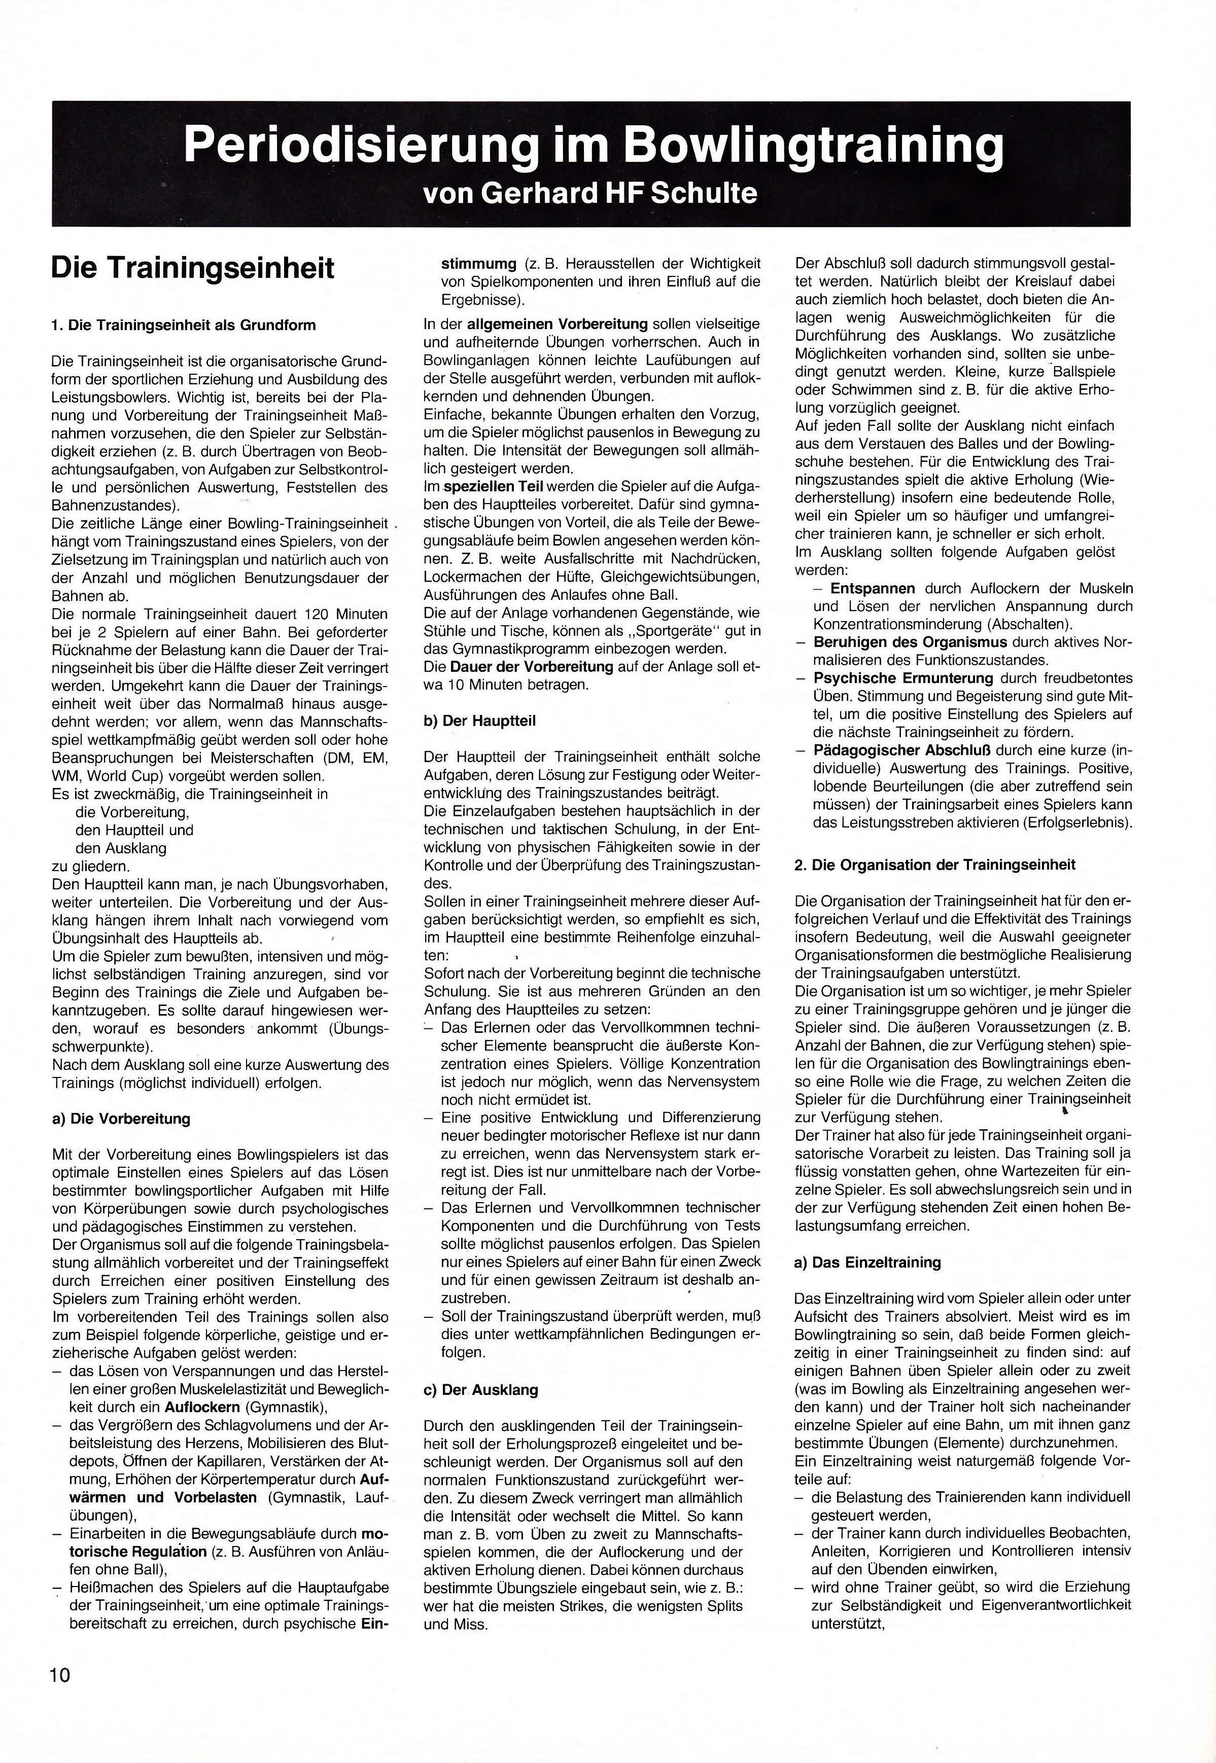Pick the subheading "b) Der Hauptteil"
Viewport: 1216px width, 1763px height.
tap(479, 721)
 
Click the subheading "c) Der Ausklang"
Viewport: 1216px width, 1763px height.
tap(481, 1390)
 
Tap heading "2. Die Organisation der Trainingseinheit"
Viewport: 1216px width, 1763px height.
tap(935, 865)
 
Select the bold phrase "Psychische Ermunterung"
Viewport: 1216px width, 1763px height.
tap(903, 678)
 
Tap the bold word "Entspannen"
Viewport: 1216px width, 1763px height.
tap(873, 589)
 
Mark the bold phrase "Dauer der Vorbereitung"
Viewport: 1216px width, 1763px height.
tap(531, 666)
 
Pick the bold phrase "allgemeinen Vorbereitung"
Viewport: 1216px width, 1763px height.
tap(557, 323)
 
